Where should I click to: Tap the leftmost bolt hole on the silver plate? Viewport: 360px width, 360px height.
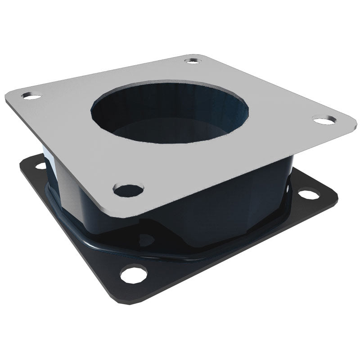tap(31, 96)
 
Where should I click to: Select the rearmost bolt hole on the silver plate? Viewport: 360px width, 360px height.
tap(193, 60)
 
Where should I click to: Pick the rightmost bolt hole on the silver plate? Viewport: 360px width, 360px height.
tap(324, 120)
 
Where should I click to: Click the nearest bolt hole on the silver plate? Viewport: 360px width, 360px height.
tap(128, 190)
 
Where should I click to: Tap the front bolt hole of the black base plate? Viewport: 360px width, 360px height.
tap(134, 273)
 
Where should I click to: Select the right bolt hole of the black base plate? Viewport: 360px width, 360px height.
tap(308, 194)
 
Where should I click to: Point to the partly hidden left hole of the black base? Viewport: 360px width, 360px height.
tap(41, 165)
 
